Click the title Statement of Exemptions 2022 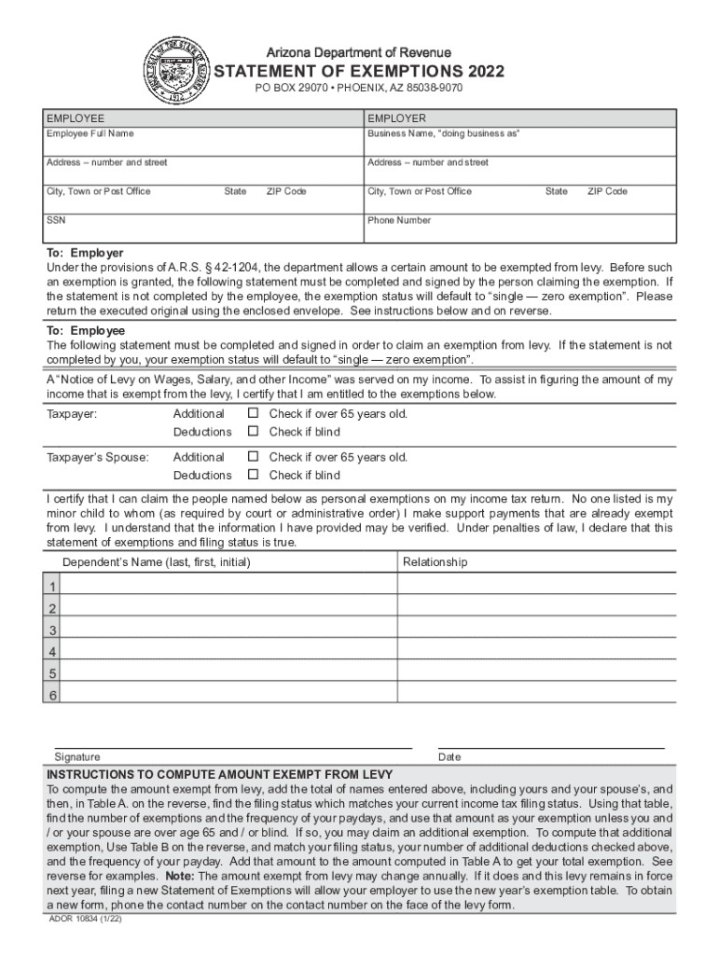359,71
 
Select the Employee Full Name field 204,145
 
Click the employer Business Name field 520,145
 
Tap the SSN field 204,230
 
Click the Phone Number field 520,230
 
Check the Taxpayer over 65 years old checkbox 252,413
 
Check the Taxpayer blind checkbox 252,432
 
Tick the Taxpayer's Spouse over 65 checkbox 252,457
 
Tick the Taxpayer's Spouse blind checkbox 252,476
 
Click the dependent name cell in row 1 229,585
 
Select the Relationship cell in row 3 535,629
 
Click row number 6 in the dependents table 53,695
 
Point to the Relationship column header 435,562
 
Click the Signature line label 77,757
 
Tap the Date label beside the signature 449,757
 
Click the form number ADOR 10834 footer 87,919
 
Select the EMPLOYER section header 396,118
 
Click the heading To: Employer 85,253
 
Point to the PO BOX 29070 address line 359,88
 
